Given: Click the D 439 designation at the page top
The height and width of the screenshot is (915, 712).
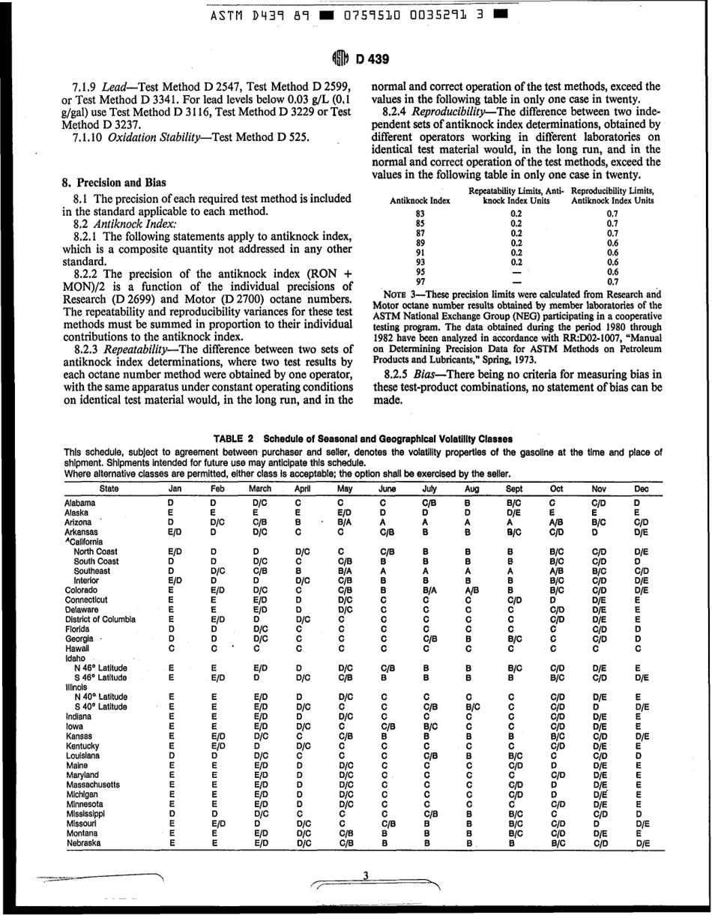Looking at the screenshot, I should coord(367,59).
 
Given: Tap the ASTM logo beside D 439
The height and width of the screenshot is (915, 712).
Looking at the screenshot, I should coord(337,59).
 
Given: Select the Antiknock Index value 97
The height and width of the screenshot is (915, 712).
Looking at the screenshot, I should coord(420,281).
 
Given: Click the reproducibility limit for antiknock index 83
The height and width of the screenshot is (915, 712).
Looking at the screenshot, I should coord(612,214).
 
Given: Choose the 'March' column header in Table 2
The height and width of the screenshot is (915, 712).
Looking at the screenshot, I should coord(259,486).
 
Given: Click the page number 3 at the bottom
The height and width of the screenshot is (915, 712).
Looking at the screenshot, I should coord(365,875).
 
